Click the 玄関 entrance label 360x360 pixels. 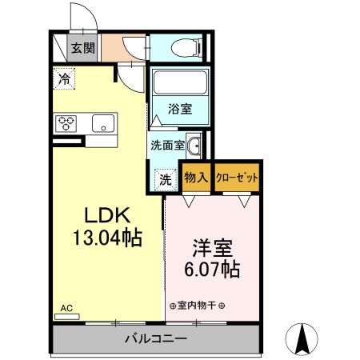82,48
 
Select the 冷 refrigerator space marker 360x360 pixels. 64,78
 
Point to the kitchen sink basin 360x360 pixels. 102,123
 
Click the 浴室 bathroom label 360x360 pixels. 179,109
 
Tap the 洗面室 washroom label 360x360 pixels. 169,145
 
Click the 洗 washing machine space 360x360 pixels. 164,178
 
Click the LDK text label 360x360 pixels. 107,215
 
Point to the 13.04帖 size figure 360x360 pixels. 107,238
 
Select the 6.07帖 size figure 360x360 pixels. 211,270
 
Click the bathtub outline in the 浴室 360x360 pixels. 178,83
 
